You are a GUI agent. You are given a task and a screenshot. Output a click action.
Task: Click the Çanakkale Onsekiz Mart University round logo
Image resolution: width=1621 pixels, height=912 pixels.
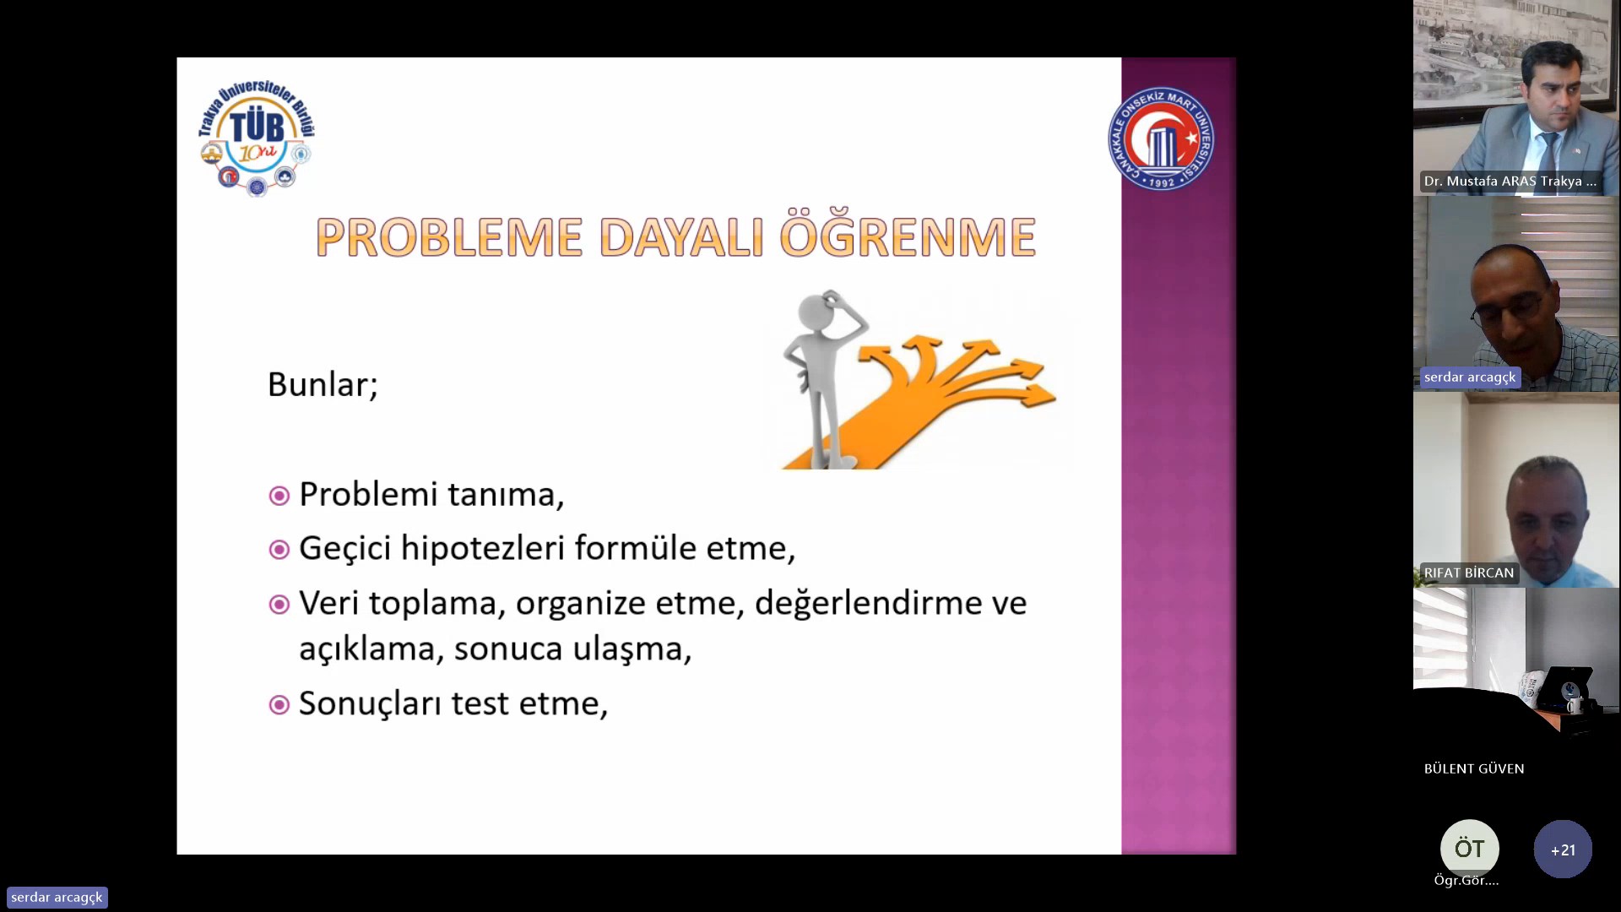[1162, 138]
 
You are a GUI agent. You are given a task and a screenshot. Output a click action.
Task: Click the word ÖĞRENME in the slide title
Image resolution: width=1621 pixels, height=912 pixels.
[908, 236]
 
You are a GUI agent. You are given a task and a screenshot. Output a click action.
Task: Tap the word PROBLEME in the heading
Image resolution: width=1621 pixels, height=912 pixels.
[449, 238]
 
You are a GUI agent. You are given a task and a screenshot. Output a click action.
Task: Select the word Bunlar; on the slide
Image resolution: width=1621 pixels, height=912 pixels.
[323, 385]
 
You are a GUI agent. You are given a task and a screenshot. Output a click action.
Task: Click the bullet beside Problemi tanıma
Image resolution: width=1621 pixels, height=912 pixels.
[279, 496]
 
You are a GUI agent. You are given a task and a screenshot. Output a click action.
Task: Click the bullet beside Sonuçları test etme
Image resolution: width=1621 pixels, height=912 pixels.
[279, 704]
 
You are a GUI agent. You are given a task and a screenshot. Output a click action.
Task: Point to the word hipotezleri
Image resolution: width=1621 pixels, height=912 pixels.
[482, 549]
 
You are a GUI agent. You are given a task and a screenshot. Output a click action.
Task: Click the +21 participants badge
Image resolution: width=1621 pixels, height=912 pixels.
[1563, 850]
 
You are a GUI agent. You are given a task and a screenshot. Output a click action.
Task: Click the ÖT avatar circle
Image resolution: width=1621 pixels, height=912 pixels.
[1470, 849]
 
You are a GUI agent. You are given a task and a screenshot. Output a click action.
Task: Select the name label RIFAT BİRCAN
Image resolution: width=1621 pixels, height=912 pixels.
[1469, 573]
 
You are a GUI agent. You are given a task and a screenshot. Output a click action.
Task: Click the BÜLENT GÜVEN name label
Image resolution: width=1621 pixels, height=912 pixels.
[1474, 768]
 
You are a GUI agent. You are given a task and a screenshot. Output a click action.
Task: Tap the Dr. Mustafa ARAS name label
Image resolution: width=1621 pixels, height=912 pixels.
[1510, 182]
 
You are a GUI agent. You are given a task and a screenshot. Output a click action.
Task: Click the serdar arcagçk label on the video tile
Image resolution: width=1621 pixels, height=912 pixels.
[1470, 377]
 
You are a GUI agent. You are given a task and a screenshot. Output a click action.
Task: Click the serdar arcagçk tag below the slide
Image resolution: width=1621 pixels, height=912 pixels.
[57, 898]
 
